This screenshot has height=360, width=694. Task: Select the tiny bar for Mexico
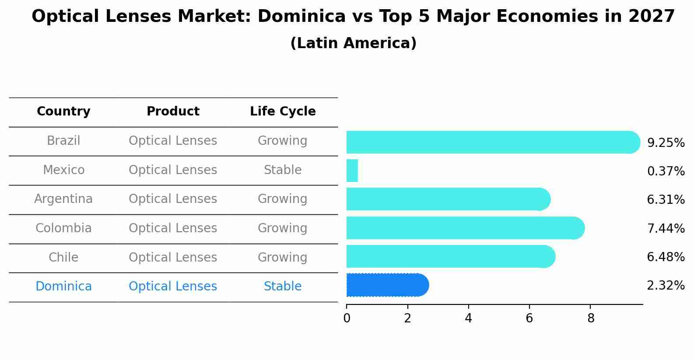[x=352, y=171]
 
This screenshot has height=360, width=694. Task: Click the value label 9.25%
[x=666, y=143]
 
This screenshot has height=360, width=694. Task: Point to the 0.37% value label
[x=666, y=171]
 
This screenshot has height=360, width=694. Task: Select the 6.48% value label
[x=666, y=257]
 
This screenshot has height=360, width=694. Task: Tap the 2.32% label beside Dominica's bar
[x=666, y=286]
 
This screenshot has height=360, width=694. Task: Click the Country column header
[x=63, y=112]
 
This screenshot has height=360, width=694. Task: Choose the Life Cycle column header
[x=283, y=112]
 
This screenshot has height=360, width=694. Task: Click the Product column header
[x=173, y=112]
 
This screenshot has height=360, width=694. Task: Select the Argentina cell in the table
[x=63, y=199]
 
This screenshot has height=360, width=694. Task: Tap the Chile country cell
[x=63, y=258]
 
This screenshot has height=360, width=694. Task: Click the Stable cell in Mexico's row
[x=283, y=170]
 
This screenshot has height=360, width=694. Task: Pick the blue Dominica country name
[x=63, y=287]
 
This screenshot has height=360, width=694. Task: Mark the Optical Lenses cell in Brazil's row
[x=173, y=141]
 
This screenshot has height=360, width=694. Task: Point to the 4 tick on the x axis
[x=469, y=318]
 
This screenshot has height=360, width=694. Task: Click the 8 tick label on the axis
[x=591, y=318]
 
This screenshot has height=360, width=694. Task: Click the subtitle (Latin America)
[x=353, y=43]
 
